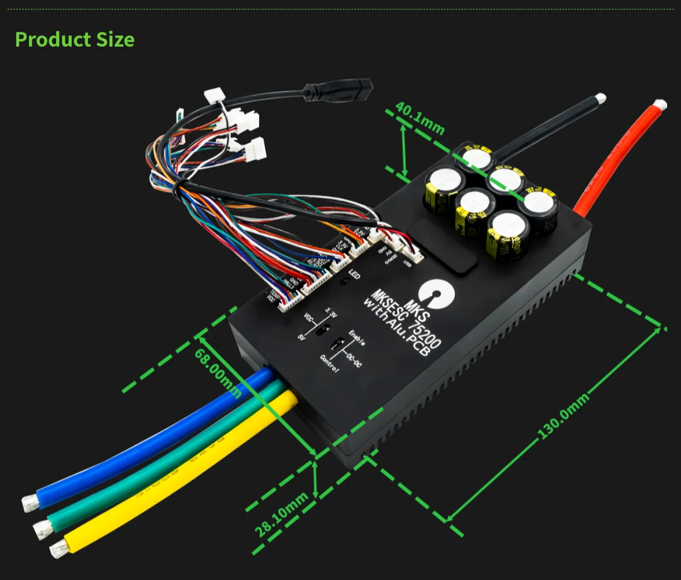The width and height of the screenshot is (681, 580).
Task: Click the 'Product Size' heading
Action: (75, 39)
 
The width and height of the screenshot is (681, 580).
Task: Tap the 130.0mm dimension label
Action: (564, 414)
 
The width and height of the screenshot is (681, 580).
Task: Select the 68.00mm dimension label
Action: (218, 374)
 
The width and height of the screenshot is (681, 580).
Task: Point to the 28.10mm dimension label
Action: (282, 513)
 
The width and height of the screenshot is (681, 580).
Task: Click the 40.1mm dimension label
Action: (420, 118)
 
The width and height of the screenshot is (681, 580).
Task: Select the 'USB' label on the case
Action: (407, 266)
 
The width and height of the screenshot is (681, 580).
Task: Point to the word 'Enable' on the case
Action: (356, 337)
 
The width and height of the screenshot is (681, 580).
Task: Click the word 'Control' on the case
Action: (330, 362)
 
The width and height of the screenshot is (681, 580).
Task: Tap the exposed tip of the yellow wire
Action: (57, 549)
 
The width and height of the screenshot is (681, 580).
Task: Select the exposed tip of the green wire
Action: (42, 527)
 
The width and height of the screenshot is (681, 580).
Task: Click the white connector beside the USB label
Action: (414, 252)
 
